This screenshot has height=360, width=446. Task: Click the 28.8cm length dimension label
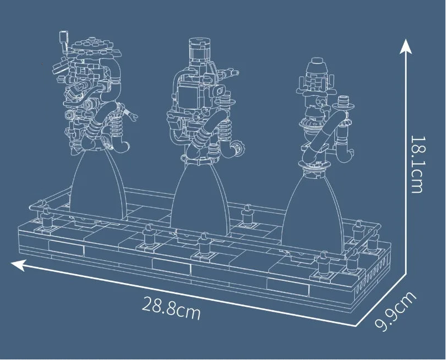point(171,308)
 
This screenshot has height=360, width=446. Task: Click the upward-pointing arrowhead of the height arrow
point(406,47)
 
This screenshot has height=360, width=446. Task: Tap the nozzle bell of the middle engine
point(200,199)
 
